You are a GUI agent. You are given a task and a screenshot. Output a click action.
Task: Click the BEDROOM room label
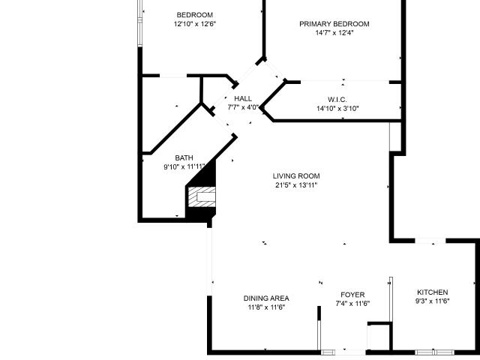coord(195,15)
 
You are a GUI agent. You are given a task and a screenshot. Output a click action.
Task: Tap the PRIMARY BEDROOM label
coord(334,24)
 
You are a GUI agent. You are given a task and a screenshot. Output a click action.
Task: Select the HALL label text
coord(243,98)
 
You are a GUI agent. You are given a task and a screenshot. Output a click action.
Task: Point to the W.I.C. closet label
coord(337,100)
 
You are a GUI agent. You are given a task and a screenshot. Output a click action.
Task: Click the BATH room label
coord(184,158)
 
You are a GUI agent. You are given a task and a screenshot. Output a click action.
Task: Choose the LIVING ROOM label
coord(296,176)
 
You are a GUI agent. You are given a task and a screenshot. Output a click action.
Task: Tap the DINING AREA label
coord(266,298)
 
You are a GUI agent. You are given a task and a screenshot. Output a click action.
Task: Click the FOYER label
coord(352,295)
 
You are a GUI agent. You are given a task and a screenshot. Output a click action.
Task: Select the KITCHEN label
coord(433,292)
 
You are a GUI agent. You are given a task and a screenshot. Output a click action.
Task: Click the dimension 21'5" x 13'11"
coord(296,185)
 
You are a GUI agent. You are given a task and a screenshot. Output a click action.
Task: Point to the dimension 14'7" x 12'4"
coord(334,33)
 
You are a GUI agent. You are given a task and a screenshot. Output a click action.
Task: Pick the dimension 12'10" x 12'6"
coord(195,24)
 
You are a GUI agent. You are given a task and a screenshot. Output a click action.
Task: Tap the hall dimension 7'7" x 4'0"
coord(243,107)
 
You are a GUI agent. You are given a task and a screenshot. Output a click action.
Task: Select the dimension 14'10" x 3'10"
coord(337,108)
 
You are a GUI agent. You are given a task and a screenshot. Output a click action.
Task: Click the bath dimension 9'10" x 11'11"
coord(184,166)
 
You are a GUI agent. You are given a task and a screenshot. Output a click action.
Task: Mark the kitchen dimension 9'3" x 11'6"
coord(432,301)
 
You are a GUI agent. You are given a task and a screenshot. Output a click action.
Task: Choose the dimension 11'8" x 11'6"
coord(267,307)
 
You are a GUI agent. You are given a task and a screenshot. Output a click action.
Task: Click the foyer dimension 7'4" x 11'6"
coord(352,304)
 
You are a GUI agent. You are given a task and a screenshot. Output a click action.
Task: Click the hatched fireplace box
coord(202,196)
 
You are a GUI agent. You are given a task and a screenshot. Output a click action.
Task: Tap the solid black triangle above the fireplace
coord(207,177)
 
